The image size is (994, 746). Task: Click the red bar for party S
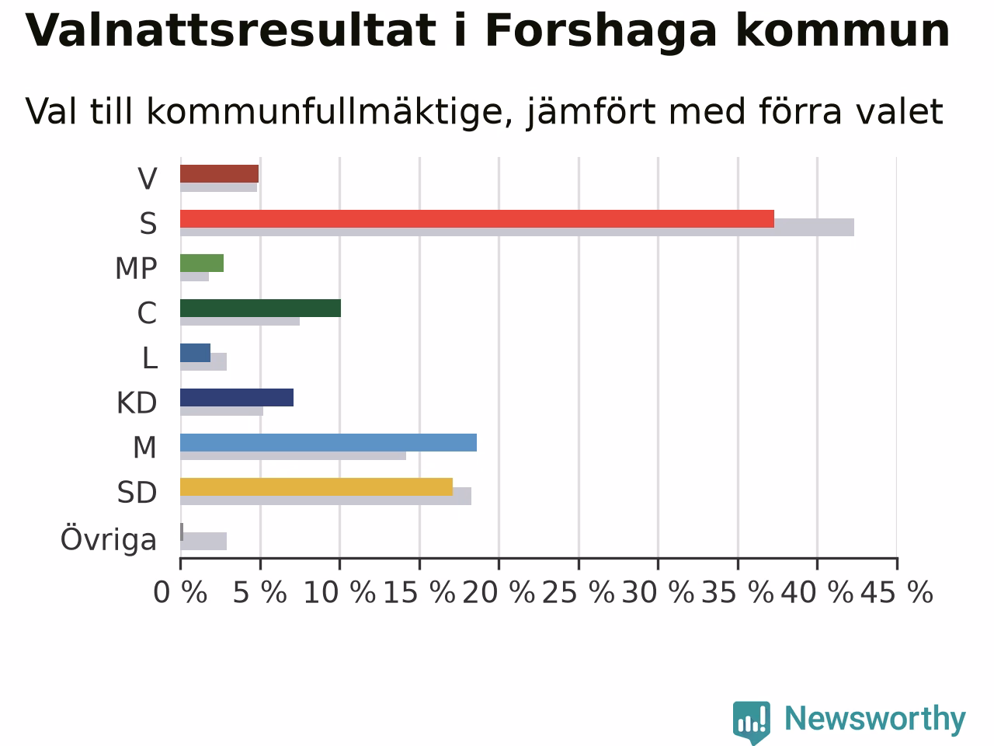478,219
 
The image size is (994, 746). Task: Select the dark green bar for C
260,308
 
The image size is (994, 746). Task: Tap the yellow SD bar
317,487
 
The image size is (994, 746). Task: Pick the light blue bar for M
328,442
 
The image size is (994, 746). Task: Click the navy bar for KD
237,398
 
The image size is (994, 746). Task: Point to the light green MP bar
202,263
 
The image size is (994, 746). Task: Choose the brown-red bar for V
219,174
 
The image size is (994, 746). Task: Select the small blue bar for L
195,353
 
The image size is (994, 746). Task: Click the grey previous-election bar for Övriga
203,542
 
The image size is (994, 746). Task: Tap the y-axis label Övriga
109,539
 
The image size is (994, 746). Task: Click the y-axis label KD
137,403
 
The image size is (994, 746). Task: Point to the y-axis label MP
136,268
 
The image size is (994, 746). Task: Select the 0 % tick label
180,592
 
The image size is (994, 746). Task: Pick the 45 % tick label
897,592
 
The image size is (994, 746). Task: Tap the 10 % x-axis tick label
339,592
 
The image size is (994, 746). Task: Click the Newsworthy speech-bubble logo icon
751,723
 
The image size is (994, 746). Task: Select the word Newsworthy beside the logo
875,720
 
